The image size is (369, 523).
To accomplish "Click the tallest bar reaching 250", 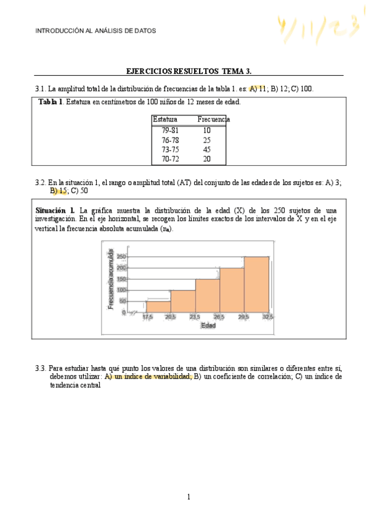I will click(256, 284).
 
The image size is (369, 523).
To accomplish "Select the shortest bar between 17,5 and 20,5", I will click(158, 307).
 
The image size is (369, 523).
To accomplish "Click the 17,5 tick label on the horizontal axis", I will click(148, 316).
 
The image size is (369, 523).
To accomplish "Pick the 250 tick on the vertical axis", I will click(121, 257).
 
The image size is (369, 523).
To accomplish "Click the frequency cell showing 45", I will click(206, 149).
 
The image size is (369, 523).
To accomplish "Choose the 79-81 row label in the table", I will click(170, 131).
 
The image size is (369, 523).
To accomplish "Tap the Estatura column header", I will click(165, 119).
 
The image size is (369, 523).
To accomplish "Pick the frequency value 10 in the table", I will click(206, 131).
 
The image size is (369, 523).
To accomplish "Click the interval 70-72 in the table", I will click(170, 159).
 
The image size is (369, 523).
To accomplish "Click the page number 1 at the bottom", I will click(189, 496).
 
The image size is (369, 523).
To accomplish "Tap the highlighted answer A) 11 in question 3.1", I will click(257, 89).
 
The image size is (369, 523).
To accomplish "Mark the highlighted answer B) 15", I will click(59, 191).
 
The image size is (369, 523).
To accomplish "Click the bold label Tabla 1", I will click(51, 102).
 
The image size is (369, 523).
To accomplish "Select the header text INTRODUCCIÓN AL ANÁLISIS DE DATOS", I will click(95, 30).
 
